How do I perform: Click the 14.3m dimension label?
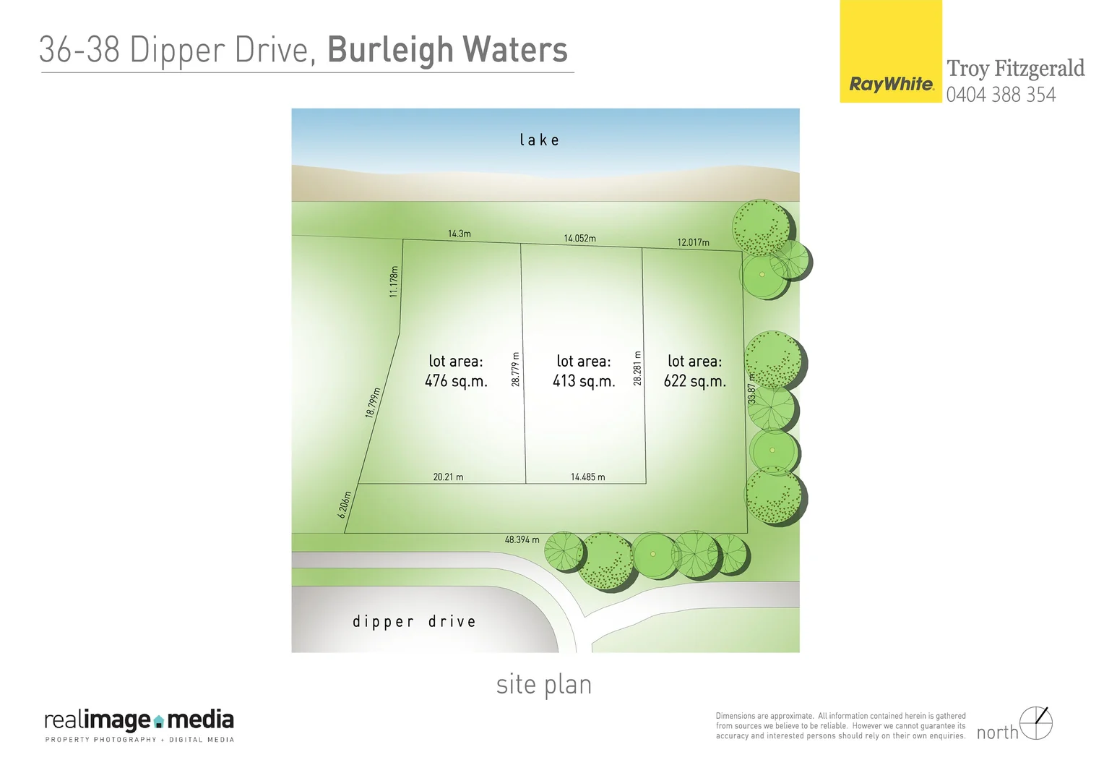click(x=459, y=234)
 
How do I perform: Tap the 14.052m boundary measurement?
click(x=579, y=238)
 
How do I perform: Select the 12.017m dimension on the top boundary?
click(x=693, y=242)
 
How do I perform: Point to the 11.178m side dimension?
click(x=394, y=282)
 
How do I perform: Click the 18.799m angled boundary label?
click(x=373, y=403)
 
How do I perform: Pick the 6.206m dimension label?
click(x=345, y=505)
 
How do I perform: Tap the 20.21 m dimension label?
click(x=448, y=477)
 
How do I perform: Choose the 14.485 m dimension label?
click(x=587, y=477)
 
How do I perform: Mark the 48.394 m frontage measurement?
click(x=522, y=539)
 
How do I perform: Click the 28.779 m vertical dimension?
click(x=516, y=369)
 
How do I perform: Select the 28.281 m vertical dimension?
click(x=637, y=368)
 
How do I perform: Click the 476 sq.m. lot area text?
click(x=456, y=380)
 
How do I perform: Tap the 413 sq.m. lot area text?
click(x=584, y=380)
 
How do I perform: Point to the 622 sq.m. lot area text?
click(x=694, y=380)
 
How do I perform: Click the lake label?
click(x=539, y=140)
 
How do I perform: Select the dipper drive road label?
click(x=414, y=621)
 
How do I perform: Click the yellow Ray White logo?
click(x=891, y=52)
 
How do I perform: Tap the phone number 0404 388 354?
click(x=1001, y=95)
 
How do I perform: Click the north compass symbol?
click(x=1036, y=723)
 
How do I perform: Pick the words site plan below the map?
click(x=544, y=685)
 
